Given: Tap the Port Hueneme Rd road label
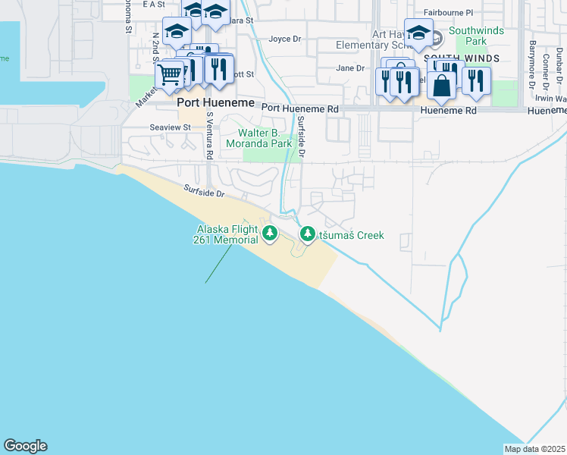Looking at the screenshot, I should coord(300,109).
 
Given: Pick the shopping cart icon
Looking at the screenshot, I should coord(169,74).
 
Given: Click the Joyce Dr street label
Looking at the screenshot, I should coord(285,39).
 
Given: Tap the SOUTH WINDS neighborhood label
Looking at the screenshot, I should coord(461,58).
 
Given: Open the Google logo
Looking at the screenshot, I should coord(25,446).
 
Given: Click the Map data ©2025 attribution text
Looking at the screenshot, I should coord(534,449).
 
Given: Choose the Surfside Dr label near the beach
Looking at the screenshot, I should coord(204,193).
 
